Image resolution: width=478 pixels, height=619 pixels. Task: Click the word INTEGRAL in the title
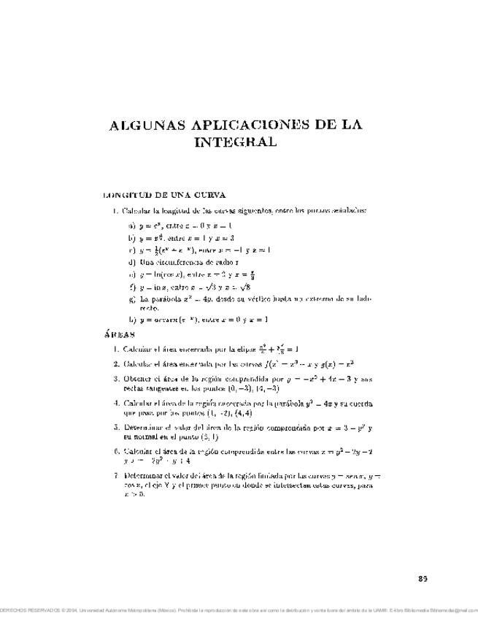click(x=236, y=142)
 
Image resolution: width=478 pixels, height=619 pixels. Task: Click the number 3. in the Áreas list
click(x=116, y=378)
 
